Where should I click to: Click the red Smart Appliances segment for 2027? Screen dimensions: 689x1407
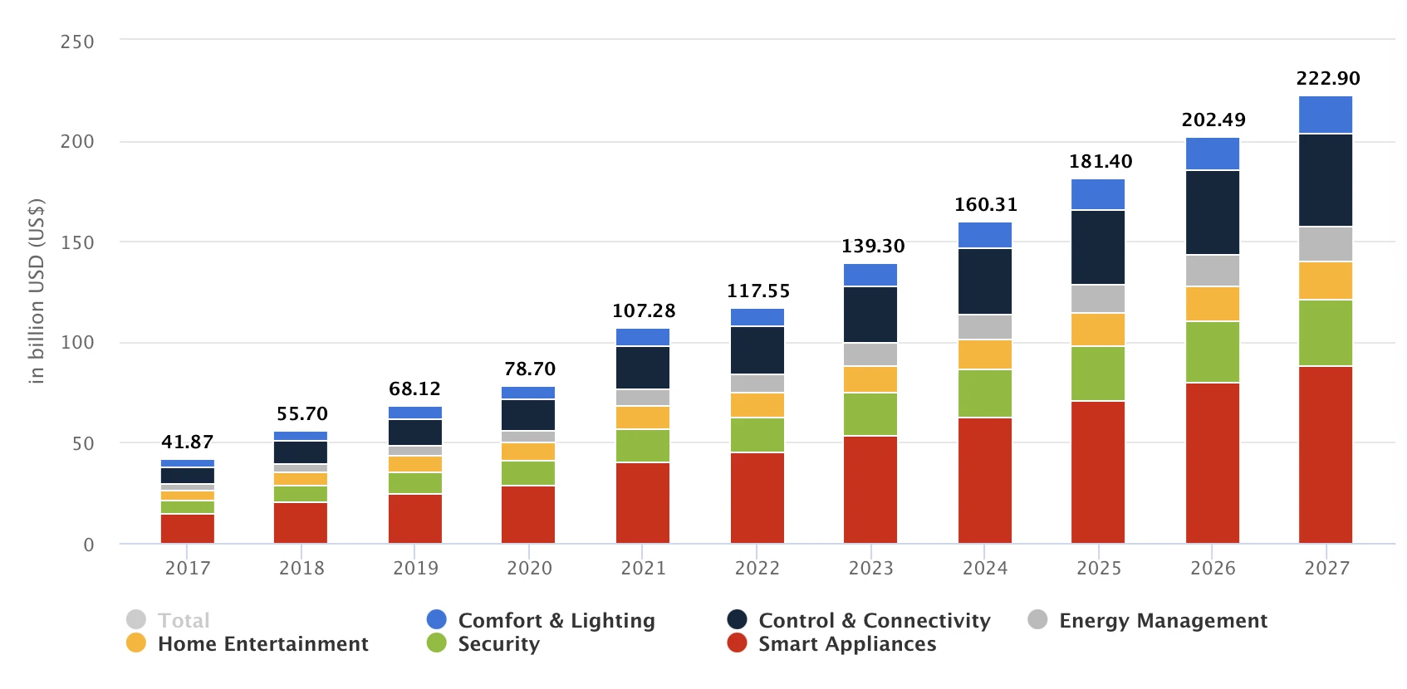(1325, 455)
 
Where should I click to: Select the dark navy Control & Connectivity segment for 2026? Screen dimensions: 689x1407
(1212, 213)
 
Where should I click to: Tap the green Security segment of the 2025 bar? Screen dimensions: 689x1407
(1098, 374)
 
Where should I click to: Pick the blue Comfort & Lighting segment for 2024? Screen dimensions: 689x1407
(984, 235)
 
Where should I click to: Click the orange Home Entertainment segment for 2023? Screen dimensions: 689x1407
(870, 379)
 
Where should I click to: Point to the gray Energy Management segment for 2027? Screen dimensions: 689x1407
(1325, 244)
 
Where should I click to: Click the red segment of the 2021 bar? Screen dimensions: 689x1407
(643, 503)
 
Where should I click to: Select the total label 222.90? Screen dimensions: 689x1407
(1327, 78)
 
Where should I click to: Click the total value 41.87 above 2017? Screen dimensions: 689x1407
(188, 442)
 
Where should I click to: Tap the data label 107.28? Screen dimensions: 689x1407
(644, 310)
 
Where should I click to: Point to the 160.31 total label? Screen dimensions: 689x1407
(985, 204)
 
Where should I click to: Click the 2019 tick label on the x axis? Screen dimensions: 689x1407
(415, 568)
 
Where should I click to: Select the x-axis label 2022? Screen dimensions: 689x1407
(757, 568)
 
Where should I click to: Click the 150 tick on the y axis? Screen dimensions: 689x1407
(77, 242)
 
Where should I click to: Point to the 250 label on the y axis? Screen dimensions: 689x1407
(77, 42)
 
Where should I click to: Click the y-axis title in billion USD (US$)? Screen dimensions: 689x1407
(37, 291)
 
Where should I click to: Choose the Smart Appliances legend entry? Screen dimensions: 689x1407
(846, 643)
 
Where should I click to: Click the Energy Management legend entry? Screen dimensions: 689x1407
(1162, 620)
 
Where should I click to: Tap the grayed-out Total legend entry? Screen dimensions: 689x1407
(183, 620)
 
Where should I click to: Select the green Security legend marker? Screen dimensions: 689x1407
(437, 643)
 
